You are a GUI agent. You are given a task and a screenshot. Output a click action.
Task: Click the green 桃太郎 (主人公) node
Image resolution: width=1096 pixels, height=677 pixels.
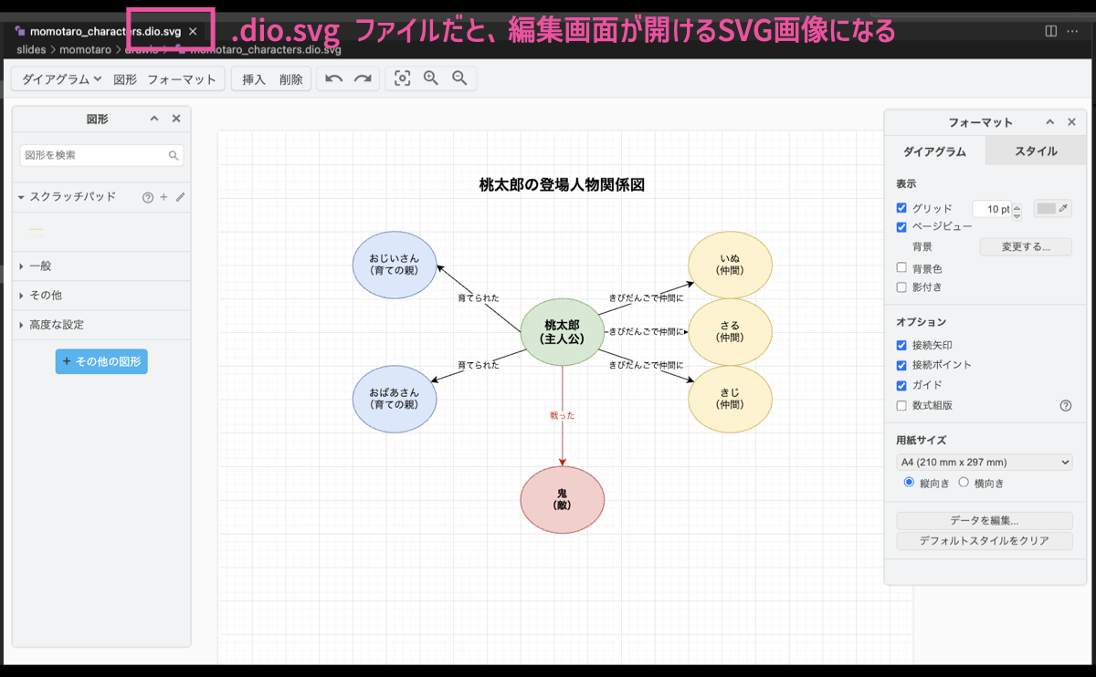(562, 330)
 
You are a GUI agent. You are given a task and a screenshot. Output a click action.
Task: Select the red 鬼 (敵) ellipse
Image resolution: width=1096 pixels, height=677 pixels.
(562, 499)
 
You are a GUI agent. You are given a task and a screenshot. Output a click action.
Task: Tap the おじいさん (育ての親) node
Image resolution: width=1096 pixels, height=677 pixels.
(395, 265)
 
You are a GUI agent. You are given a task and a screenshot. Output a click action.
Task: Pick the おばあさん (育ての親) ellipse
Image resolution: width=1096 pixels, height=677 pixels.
(395, 399)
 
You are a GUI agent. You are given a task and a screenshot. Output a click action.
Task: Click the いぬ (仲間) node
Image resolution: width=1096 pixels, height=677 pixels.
(730, 265)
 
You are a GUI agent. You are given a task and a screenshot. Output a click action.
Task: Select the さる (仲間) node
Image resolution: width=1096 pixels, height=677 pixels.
(730, 331)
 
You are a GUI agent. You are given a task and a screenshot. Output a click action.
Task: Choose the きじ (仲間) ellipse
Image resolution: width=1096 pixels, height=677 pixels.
(730, 399)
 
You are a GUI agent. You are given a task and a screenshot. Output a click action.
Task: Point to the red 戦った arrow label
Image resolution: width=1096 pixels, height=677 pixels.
(562, 415)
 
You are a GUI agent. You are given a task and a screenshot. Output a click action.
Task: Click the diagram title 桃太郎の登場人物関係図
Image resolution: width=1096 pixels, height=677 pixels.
(562, 185)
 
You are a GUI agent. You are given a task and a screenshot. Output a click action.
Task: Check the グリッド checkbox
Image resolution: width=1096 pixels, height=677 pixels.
(902, 208)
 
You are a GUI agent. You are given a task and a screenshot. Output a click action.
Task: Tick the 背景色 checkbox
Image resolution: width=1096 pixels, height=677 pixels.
(902, 268)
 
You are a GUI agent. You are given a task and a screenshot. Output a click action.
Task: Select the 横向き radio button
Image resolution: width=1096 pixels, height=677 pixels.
(964, 483)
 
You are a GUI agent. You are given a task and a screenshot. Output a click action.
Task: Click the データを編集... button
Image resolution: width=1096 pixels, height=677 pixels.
(984, 521)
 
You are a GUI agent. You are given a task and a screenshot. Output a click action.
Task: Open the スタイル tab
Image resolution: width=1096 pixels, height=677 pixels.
(1036, 151)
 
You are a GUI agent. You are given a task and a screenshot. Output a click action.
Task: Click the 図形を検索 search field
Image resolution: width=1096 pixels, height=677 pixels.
(95, 155)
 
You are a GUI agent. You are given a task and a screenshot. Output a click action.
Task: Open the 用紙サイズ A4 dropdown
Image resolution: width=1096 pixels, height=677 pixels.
(984, 463)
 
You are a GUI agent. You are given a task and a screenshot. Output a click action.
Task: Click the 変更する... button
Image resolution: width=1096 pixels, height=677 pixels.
(1025, 246)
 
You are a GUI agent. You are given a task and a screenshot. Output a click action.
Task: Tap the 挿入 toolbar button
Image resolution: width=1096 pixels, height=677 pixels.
(253, 79)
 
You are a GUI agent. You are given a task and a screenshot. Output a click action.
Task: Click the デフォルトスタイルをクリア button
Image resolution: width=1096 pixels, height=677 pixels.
(984, 541)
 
